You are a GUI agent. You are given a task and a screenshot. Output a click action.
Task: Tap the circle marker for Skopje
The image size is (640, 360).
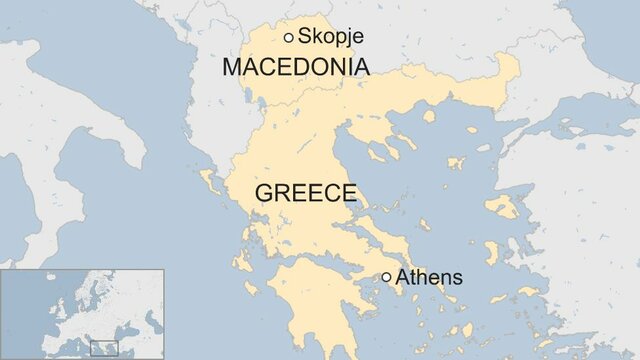[x=289, y=37]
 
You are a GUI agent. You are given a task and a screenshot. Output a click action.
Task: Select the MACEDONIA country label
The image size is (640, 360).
[x=296, y=68]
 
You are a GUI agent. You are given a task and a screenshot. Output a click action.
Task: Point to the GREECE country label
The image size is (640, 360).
[x=305, y=193]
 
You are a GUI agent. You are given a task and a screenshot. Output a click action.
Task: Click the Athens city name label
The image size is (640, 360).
[x=429, y=278]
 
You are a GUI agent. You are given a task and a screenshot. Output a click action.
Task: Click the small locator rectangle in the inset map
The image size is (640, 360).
[x=104, y=348]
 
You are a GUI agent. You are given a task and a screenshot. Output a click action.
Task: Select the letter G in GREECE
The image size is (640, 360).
[x=265, y=193]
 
